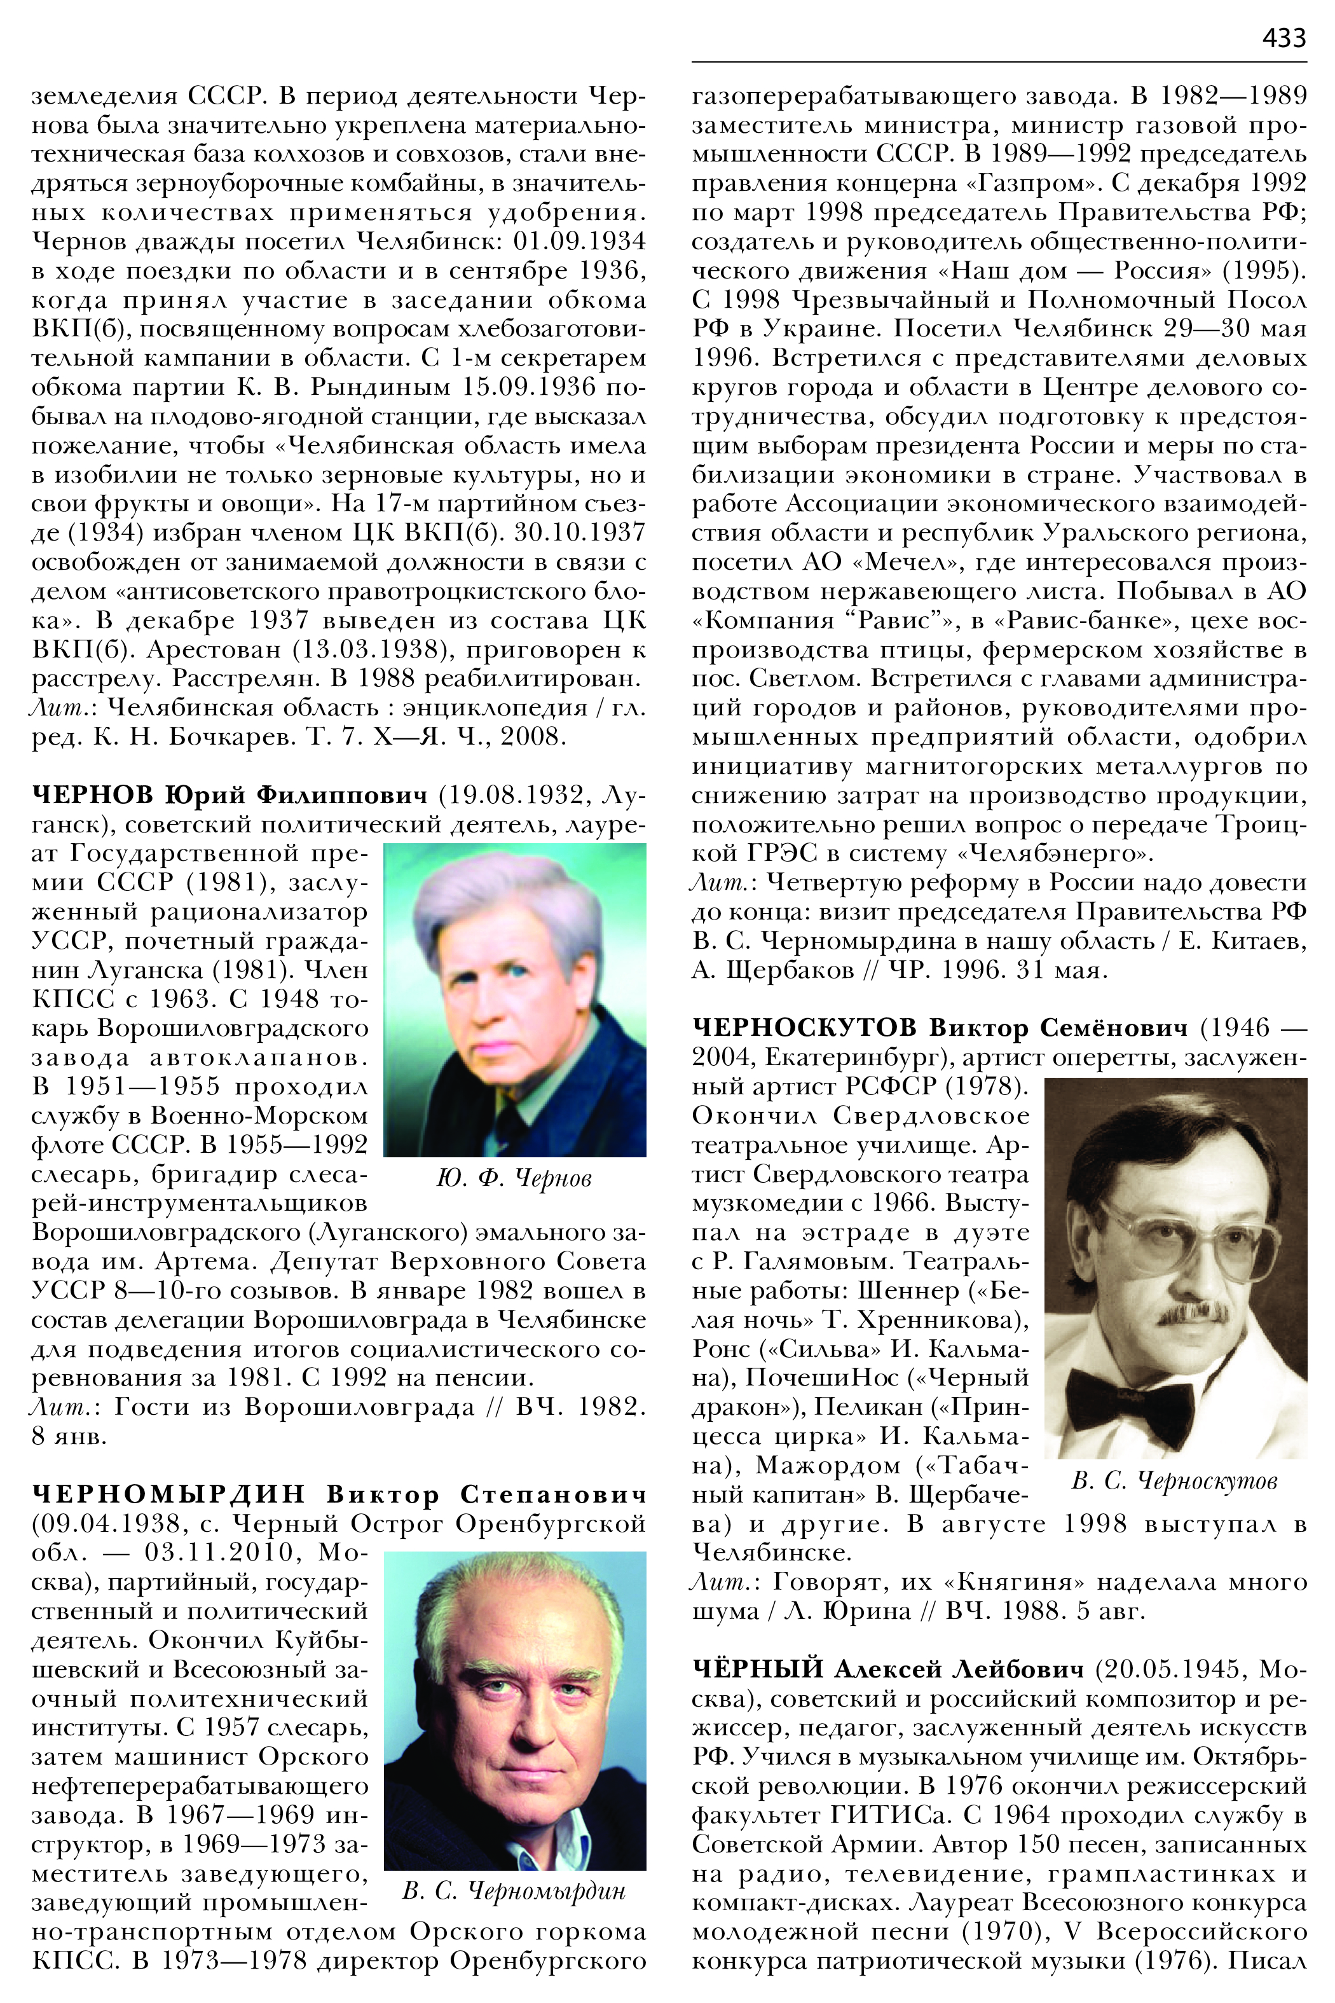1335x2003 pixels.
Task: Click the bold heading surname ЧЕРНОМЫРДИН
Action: [168, 1494]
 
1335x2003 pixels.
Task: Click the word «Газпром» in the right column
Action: [1033, 183]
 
